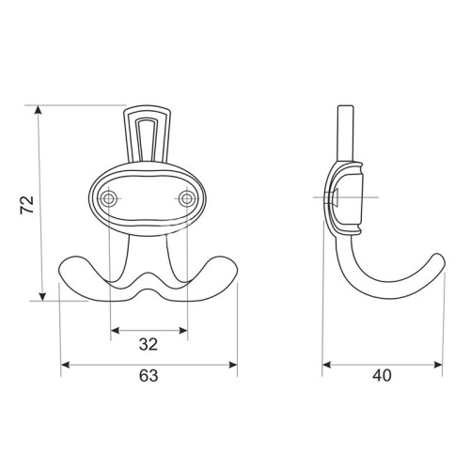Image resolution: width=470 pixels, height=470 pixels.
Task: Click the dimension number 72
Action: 26,205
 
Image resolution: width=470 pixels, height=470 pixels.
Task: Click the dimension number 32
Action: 149,345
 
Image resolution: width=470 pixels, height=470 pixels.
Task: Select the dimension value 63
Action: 149,375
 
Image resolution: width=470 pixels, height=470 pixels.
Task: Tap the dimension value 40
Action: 382,375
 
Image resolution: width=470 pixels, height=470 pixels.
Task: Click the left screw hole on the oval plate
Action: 109,198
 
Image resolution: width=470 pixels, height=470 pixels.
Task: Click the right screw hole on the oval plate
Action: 187,198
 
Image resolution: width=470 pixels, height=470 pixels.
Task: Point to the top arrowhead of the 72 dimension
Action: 39,110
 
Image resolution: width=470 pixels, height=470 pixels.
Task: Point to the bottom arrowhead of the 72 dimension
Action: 42,296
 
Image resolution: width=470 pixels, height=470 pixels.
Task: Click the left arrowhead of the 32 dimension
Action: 116,330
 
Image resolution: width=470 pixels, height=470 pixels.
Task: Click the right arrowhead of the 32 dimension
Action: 183,330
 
